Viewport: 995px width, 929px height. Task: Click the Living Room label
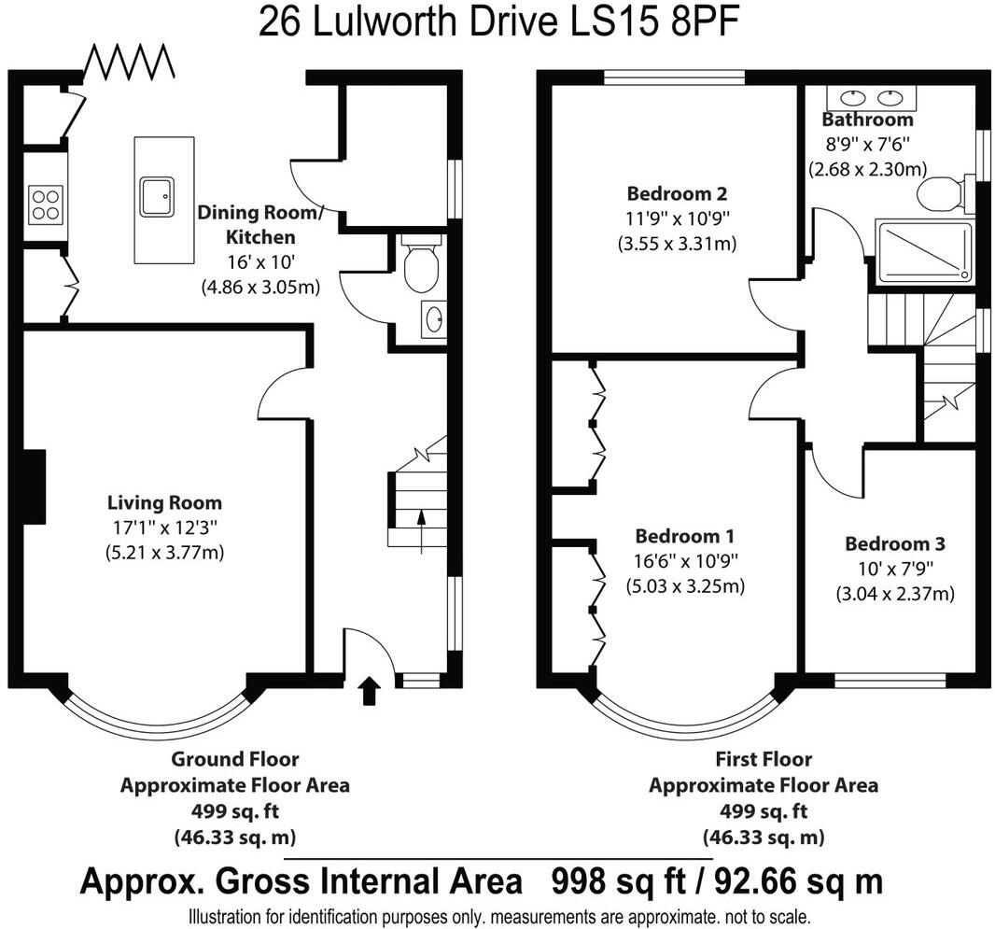[x=164, y=502]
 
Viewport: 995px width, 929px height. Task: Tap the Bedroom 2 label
[x=677, y=193]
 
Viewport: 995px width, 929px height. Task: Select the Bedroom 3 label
[x=895, y=543]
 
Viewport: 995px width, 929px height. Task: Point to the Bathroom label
[x=867, y=120]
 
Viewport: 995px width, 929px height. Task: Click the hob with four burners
[x=47, y=204]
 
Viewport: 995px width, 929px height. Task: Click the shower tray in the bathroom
[x=923, y=252]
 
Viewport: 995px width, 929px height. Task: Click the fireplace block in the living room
[x=35, y=486]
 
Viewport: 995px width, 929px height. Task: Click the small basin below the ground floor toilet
[x=434, y=319]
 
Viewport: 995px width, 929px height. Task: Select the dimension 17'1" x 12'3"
[x=163, y=527]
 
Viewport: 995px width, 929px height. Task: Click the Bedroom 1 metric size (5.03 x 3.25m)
[x=685, y=585]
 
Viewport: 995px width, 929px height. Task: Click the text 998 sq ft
[x=619, y=881]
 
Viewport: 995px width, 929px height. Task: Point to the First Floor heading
[x=764, y=759]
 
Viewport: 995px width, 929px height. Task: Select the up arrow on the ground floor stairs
[x=421, y=532]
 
